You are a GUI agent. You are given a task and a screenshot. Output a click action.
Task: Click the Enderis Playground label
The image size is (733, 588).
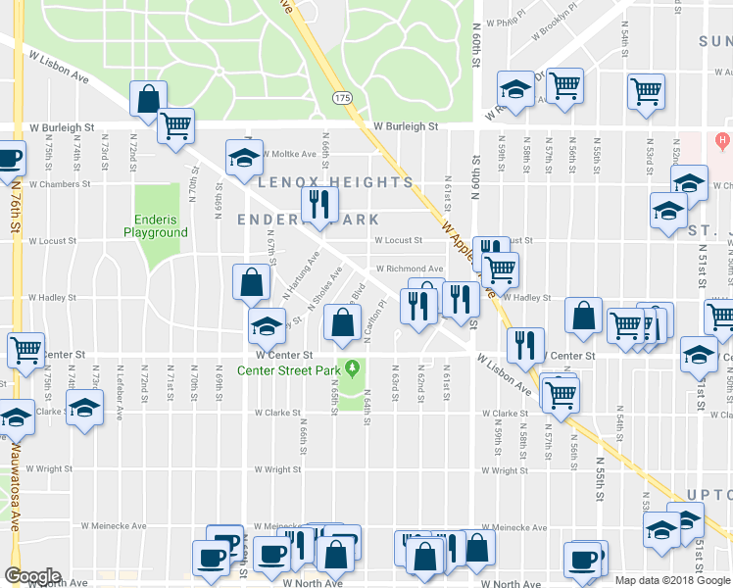(x=155, y=226)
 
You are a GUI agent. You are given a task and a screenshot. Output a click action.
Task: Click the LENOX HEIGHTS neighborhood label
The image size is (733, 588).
(x=334, y=182)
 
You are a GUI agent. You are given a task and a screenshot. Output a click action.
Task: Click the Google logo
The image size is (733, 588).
(x=32, y=576)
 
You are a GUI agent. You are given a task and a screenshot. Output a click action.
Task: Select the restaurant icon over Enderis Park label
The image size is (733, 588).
(x=319, y=203)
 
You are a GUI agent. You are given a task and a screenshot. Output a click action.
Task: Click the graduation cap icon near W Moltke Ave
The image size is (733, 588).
(x=245, y=156)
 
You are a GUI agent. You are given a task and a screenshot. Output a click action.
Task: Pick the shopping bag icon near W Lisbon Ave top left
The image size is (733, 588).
(x=148, y=98)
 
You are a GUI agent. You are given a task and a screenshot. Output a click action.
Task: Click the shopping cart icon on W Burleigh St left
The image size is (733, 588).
(x=176, y=124)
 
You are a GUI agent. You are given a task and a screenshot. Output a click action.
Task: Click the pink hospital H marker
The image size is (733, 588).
(x=723, y=140)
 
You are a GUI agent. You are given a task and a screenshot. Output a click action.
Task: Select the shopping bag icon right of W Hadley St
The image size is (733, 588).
(x=584, y=316)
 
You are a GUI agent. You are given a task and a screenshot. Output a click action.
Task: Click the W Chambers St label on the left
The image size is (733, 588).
(x=59, y=183)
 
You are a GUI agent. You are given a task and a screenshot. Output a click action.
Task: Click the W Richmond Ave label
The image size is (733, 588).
(x=410, y=269)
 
